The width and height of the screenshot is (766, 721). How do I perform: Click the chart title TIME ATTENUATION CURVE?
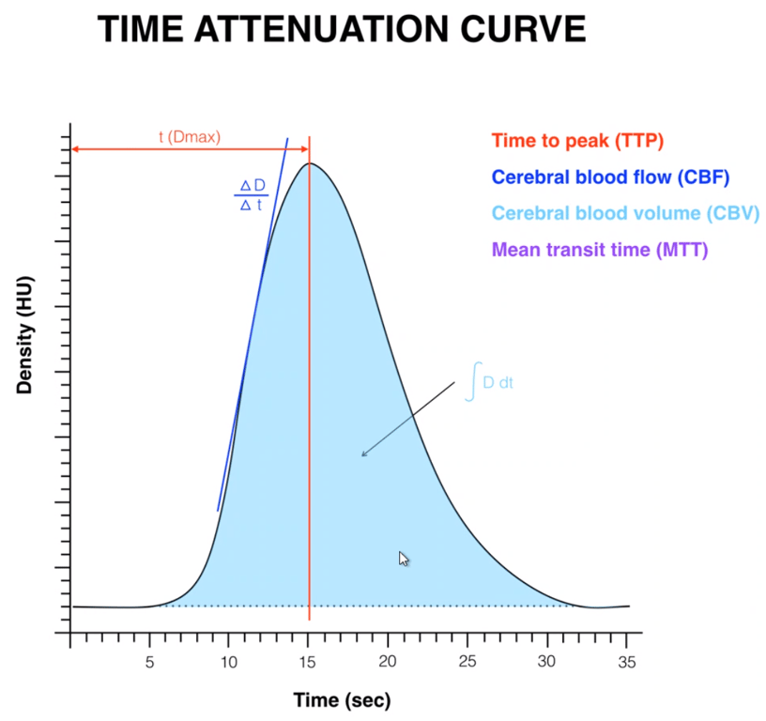343,31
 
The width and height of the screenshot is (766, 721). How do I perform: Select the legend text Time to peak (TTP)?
577,142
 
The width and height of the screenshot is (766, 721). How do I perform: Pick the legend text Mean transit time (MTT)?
600,250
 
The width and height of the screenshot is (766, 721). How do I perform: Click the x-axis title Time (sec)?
342,699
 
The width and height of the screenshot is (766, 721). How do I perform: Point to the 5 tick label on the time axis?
149,662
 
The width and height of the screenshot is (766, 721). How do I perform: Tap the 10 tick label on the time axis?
228,662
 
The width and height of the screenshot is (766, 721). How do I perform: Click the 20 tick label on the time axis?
388,662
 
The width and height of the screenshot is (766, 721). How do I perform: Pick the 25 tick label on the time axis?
467,662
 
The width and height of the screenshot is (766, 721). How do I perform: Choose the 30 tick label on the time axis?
547,662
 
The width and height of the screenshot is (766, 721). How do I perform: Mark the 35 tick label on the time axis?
627,662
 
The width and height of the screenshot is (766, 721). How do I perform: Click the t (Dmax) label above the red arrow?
189,137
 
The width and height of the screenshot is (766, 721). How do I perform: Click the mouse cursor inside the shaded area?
404,559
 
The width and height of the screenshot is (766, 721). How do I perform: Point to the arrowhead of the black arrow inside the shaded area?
363,455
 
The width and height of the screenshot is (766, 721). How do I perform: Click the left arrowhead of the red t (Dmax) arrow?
75,149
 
